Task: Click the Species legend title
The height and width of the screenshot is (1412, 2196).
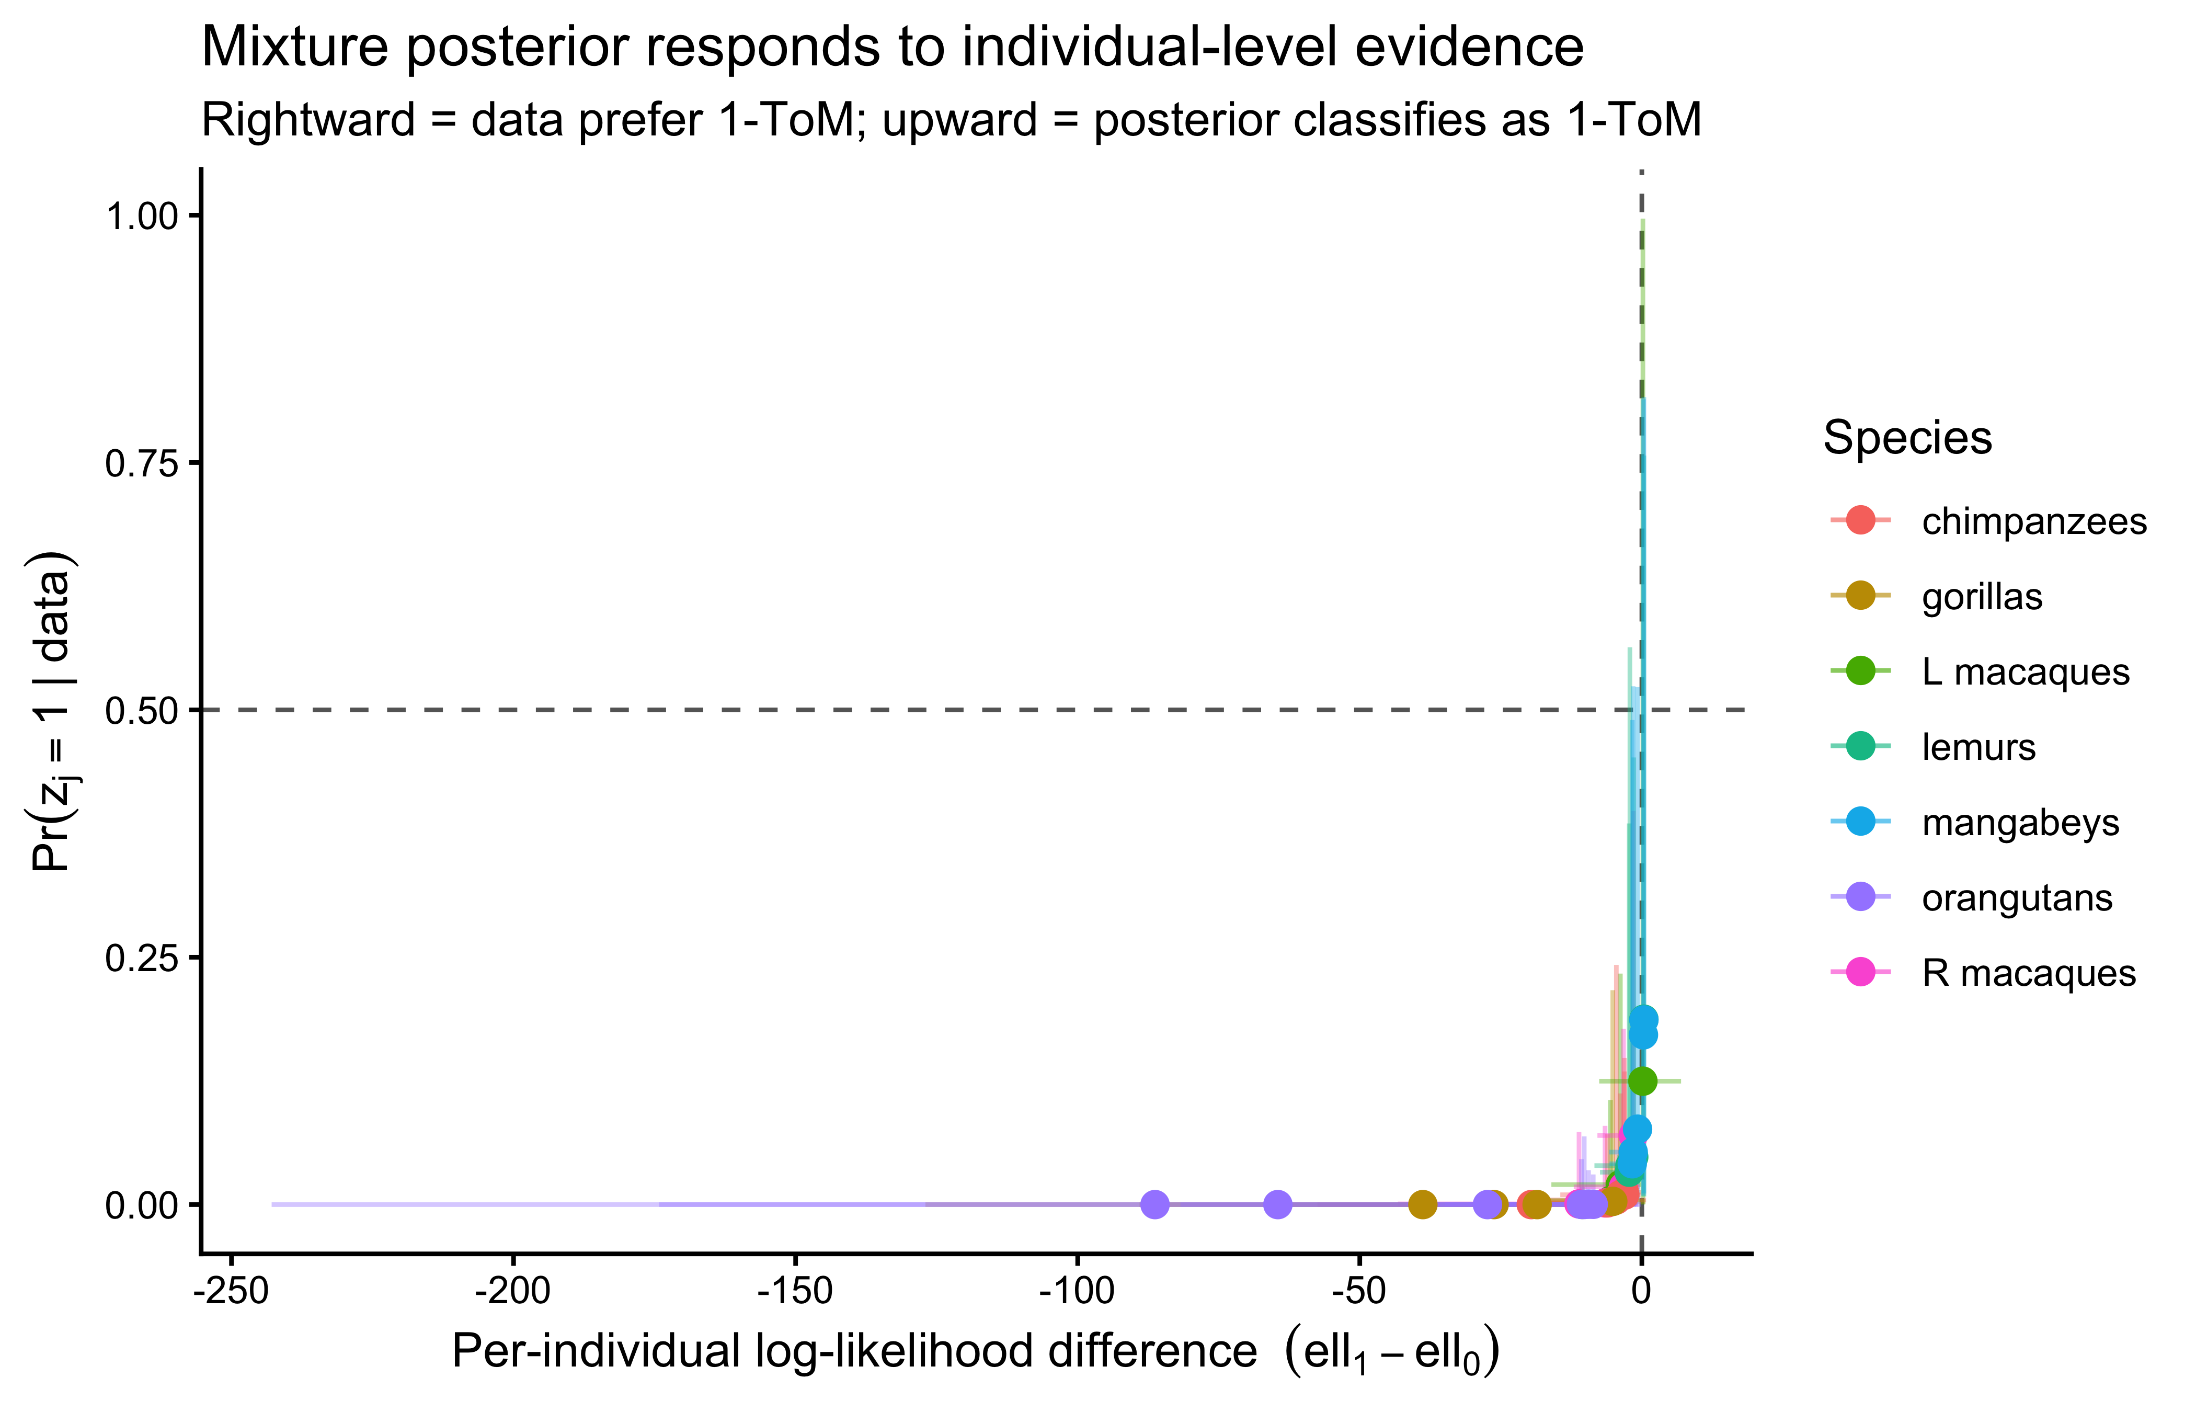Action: [x=1906, y=437]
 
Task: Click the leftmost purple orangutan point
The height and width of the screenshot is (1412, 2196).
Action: [x=1155, y=1204]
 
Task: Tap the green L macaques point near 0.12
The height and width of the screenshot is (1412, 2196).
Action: [x=1642, y=1081]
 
